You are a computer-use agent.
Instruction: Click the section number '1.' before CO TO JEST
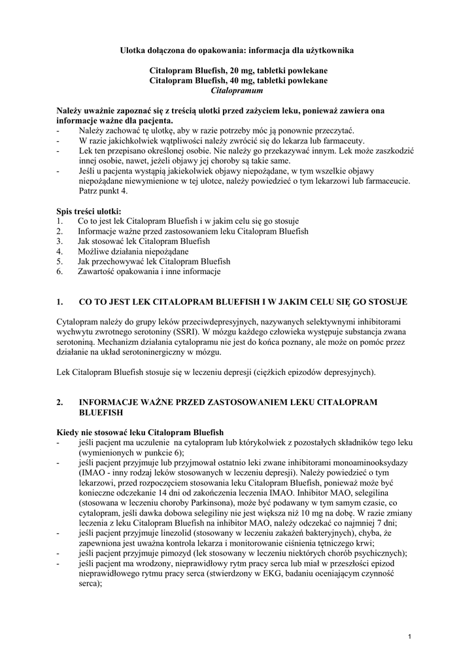(61, 302)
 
